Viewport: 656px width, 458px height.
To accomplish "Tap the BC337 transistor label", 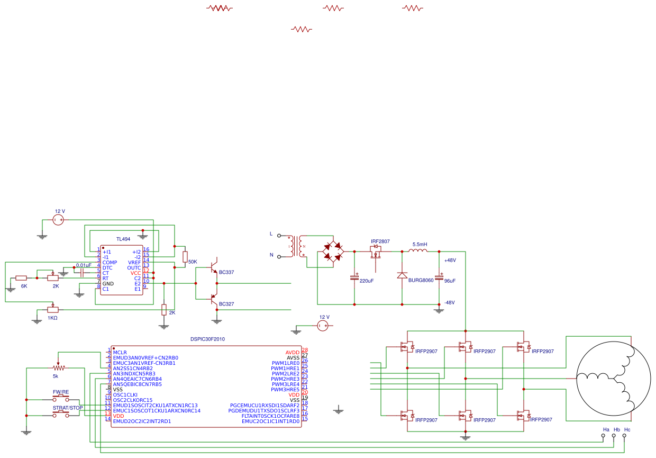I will pyautogui.click(x=226, y=272).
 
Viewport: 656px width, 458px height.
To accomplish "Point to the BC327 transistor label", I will pyautogui.click(x=226, y=304).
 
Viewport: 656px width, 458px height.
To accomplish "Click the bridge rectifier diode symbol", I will pyautogui.click(x=333, y=252).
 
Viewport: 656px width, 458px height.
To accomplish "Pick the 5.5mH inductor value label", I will pyautogui.click(x=420, y=245).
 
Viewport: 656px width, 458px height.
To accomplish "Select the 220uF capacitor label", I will pyautogui.click(x=367, y=281).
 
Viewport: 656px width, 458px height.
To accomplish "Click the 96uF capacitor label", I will pyautogui.click(x=450, y=281).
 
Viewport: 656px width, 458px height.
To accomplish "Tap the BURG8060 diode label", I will pyautogui.click(x=421, y=280).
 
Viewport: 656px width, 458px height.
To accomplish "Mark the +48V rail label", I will pyautogui.click(x=450, y=261).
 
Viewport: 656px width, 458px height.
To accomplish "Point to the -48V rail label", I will pyautogui.click(x=450, y=302).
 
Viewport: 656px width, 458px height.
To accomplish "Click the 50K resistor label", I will pyautogui.click(x=193, y=262).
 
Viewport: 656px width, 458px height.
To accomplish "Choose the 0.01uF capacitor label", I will pyautogui.click(x=84, y=265).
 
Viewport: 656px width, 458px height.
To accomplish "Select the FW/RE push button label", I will pyautogui.click(x=61, y=392).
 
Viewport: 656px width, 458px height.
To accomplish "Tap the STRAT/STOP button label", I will pyautogui.click(x=68, y=408).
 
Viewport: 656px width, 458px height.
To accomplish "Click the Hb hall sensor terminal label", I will pyautogui.click(x=616, y=429).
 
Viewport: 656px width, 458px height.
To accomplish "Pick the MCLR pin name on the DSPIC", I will pyautogui.click(x=120, y=352).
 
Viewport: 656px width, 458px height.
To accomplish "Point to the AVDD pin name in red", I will pyautogui.click(x=292, y=352).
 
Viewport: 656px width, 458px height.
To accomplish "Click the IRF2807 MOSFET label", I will pyautogui.click(x=380, y=241).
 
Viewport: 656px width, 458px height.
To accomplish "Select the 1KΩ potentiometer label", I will pyautogui.click(x=52, y=318).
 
